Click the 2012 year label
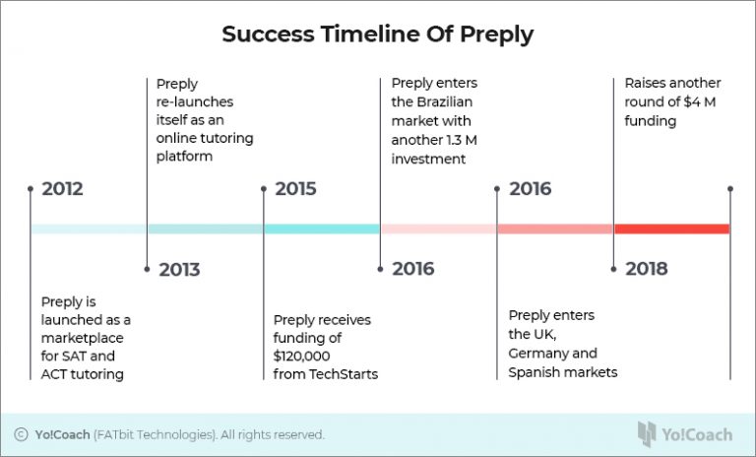coord(62,189)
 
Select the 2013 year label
coord(179,269)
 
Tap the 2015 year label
coord(295,189)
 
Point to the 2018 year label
coord(646,269)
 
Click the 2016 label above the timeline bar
coord(530,189)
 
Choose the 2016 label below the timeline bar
coord(412,269)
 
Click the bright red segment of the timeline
coord(671,228)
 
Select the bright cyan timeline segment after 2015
coord(321,228)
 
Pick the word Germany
coord(539,354)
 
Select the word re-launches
coord(198,101)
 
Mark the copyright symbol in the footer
coord(21,434)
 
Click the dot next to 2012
coord(31,189)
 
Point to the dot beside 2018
coord(614,269)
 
